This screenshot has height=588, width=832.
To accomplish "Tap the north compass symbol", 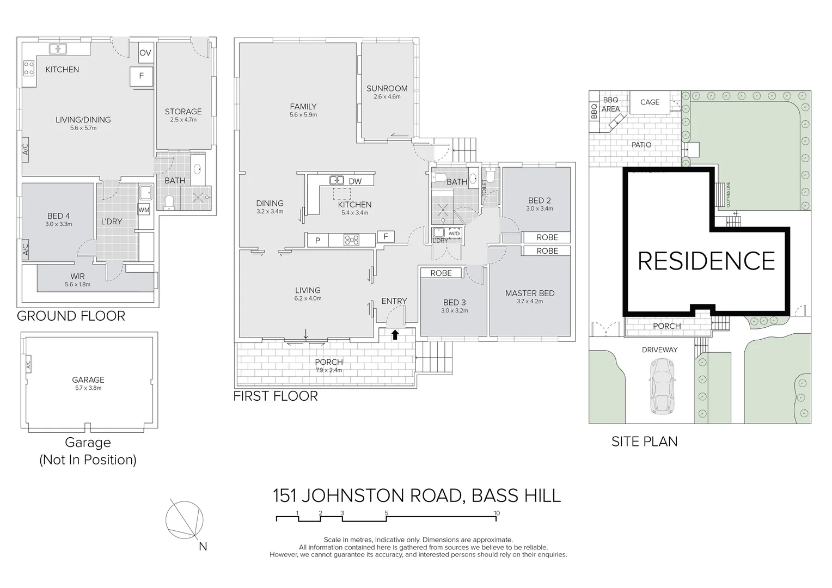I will (186, 520).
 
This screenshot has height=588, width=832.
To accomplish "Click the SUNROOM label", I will (387, 89).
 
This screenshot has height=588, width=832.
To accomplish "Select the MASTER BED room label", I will (529, 293).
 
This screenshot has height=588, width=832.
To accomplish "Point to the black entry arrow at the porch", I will (395, 335).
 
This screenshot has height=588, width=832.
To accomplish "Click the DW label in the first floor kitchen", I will (355, 181).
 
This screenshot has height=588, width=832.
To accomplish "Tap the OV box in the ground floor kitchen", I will (145, 53).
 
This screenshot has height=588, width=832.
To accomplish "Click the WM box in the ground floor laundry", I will (144, 210).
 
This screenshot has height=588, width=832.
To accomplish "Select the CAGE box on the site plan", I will (650, 102).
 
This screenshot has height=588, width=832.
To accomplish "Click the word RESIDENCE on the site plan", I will (706, 261).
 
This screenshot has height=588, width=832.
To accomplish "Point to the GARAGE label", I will (88, 380).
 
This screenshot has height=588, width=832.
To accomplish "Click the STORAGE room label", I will (183, 112).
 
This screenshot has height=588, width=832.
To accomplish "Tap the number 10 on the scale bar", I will (496, 513).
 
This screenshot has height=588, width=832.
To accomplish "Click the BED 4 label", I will (59, 216).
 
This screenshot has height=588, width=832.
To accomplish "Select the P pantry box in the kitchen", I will (317, 239).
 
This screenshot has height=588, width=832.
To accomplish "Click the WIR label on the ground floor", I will (77, 277).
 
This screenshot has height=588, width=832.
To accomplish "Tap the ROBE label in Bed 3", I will (441, 273).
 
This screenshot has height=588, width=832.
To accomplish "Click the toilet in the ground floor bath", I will (168, 203).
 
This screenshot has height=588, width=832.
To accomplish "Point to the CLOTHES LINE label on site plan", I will (727, 195).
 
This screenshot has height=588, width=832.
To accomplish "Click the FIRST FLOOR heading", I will (276, 396).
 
